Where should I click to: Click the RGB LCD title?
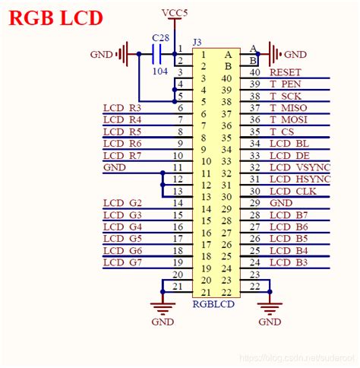(55, 17)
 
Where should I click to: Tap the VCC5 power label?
(175, 13)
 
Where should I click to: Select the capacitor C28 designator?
(160, 38)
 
